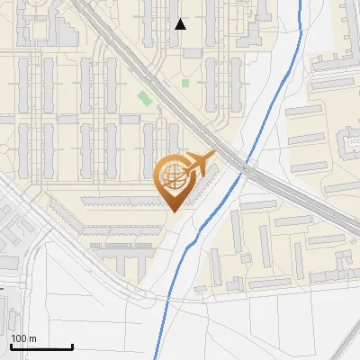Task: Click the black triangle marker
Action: tap(181, 24)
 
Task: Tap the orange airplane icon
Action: tap(200, 164)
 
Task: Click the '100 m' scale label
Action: tap(23, 338)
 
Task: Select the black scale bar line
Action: tap(40, 346)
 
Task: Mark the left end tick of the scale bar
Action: tap(10, 345)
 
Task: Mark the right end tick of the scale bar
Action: tap(72, 345)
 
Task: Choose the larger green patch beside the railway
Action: tap(144, 98)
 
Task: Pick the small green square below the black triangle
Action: tap(185, 83)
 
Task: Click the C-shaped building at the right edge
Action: tap(347, 144)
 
